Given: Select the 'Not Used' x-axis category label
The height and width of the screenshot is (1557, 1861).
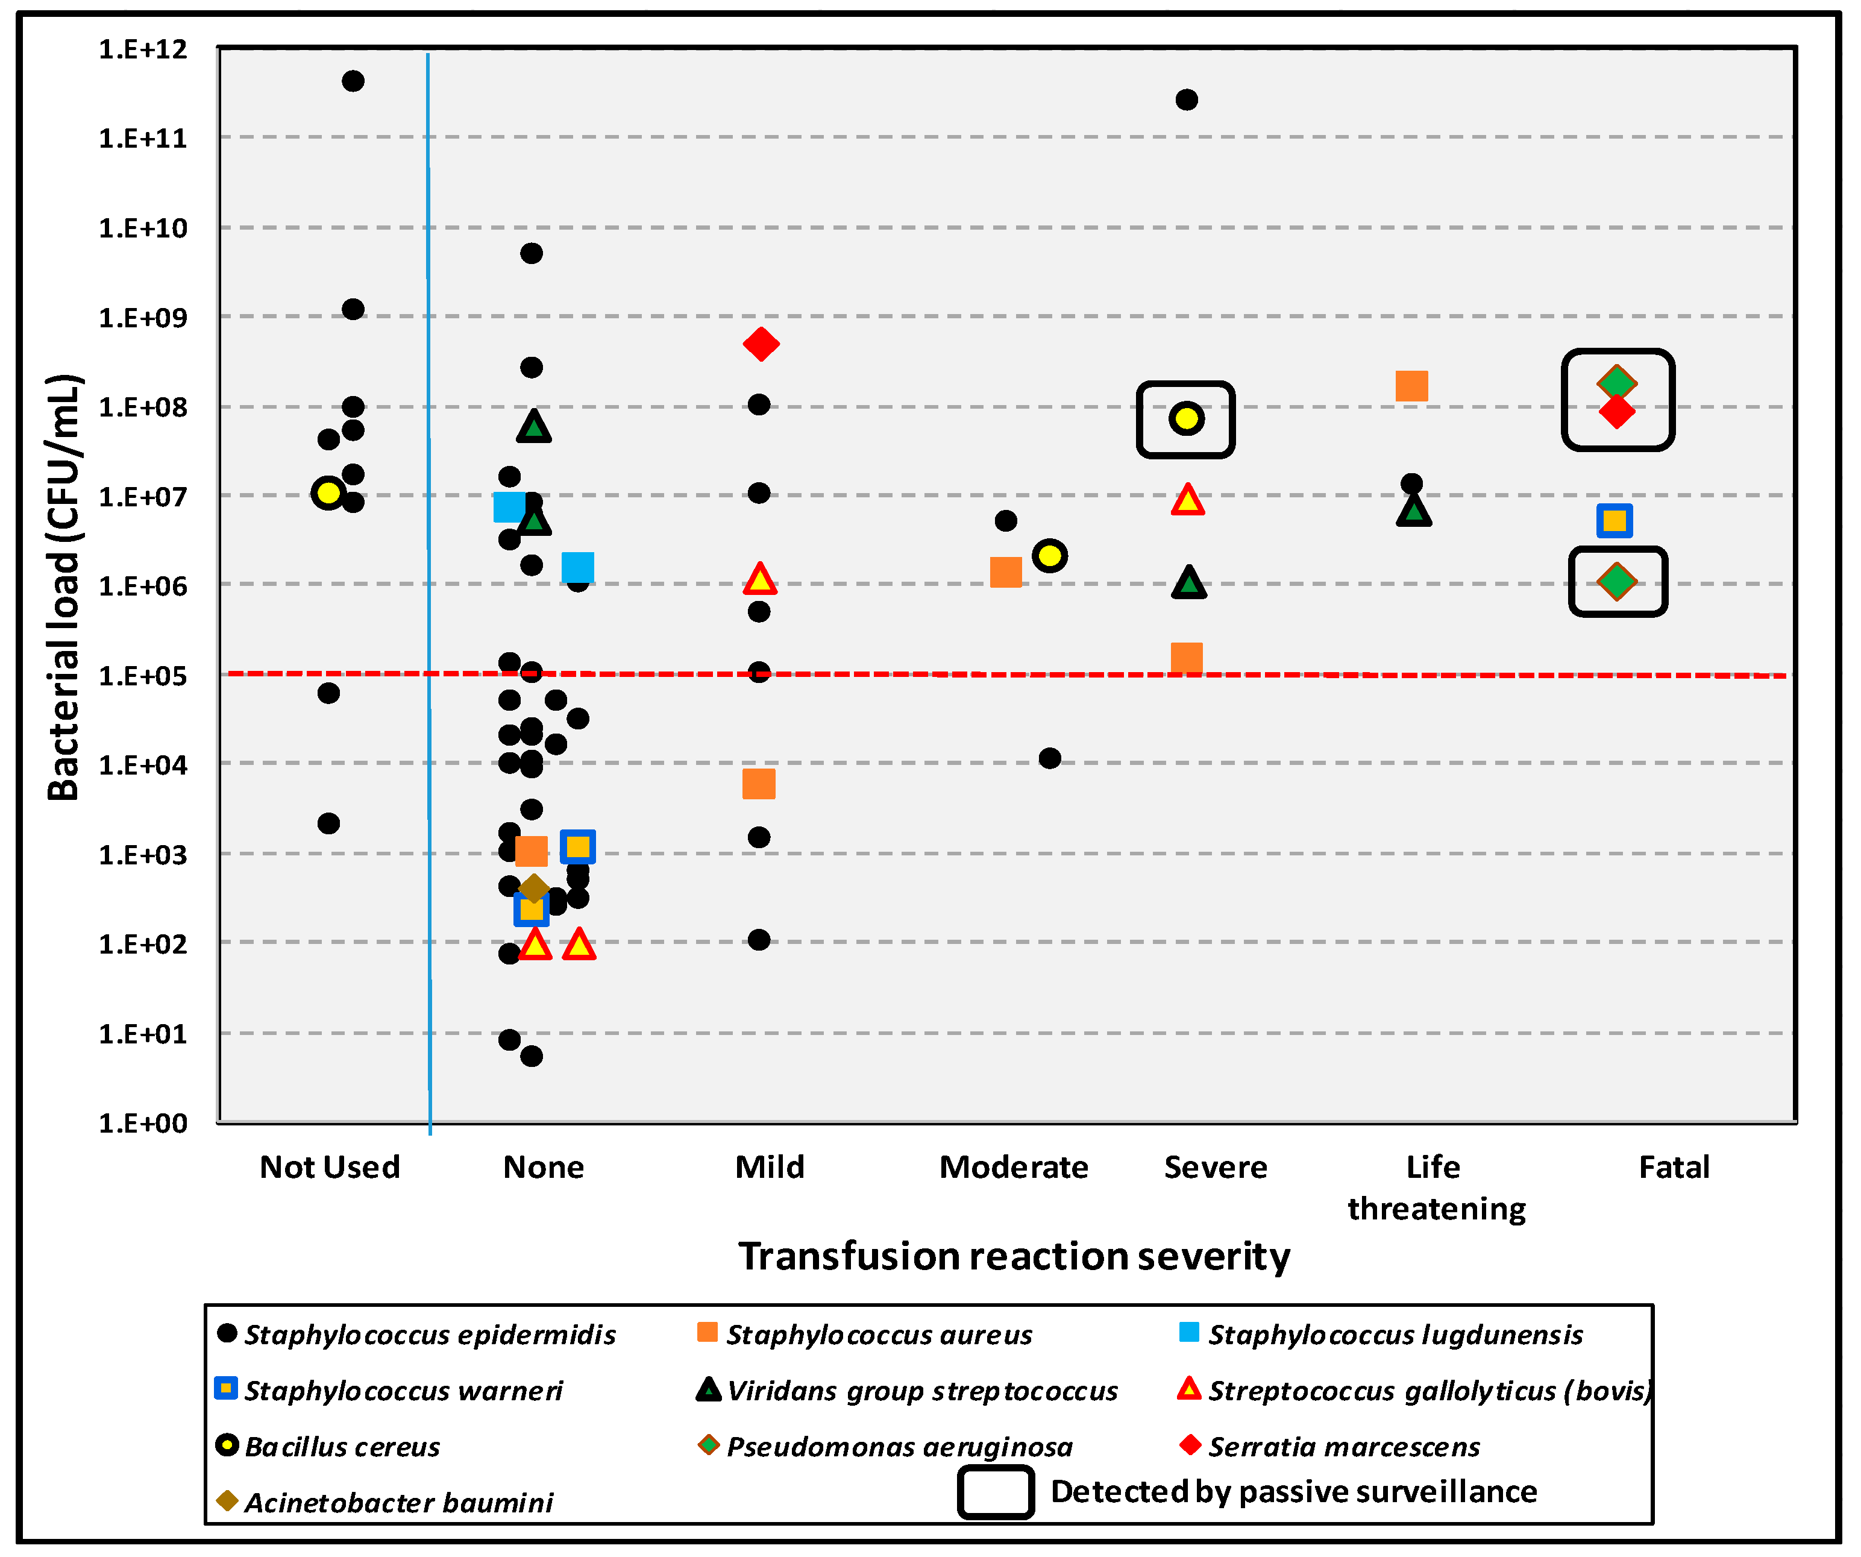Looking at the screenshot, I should [330, 1167].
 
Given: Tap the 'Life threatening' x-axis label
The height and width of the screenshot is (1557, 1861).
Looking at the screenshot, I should [1436, 1187].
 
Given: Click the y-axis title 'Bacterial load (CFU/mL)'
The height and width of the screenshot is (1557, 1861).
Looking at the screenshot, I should [64, 588].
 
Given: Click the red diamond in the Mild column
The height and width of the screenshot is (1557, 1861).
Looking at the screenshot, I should [761, 344].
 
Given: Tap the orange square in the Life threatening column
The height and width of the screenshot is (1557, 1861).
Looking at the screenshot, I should [1411, 386].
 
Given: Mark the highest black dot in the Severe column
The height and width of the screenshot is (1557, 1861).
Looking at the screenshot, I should [1187, 100].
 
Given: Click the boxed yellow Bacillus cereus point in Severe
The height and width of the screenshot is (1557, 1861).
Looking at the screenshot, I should [1185, 418].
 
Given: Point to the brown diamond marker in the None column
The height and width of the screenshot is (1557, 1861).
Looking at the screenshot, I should [533, 888].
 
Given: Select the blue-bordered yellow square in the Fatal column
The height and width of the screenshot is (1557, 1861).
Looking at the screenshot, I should [1615, 520].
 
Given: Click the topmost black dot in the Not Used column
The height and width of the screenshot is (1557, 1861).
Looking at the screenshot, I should [353, 81].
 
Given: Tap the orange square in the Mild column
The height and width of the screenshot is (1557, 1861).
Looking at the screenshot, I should [759, 784].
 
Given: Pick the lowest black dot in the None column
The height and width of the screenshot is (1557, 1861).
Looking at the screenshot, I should [531, 1056].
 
